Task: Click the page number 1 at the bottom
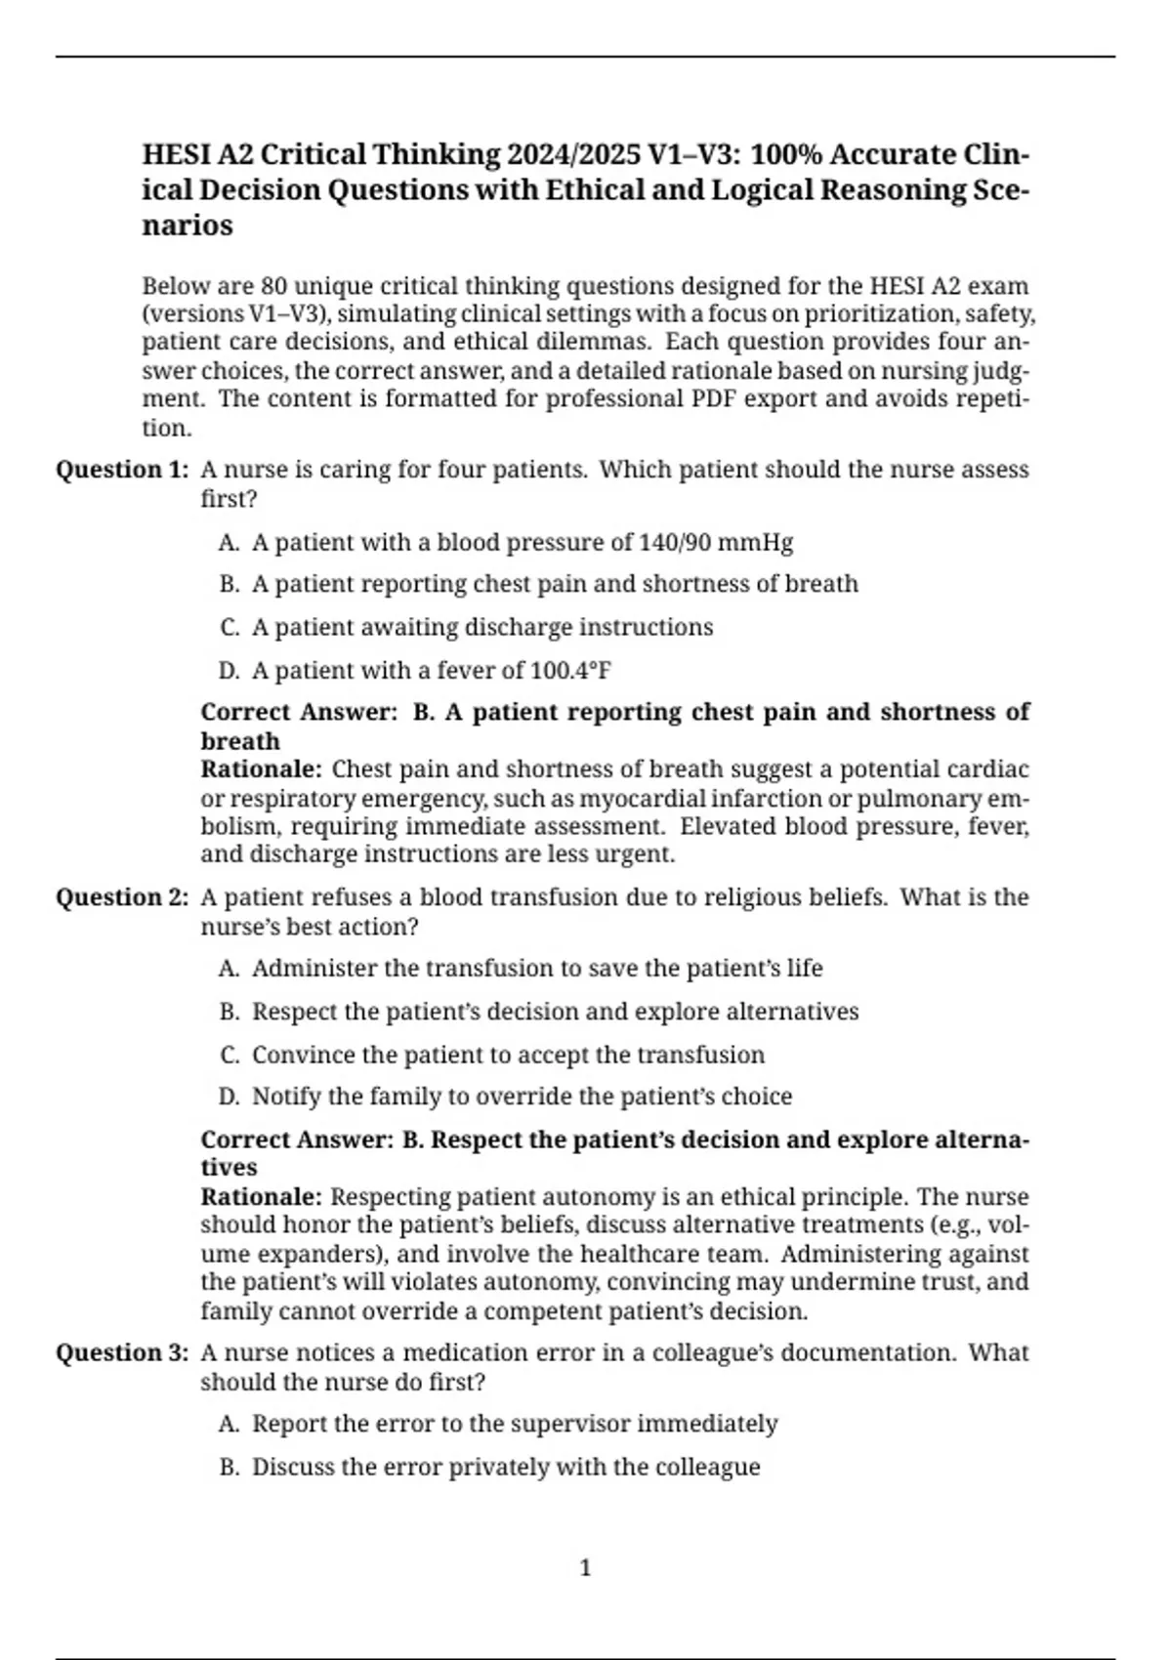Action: point(585,1568)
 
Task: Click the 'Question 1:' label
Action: point(122,470)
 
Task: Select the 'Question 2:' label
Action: point(122,897)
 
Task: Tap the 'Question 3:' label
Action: point(122,1353)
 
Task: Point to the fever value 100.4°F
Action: point(570,671)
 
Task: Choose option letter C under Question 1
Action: point(230,627)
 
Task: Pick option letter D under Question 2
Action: point(230,1097)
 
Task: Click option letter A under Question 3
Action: point(230,1424)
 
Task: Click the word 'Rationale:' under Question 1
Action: point(261,769)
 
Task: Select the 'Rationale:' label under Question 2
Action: point(261,1197)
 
